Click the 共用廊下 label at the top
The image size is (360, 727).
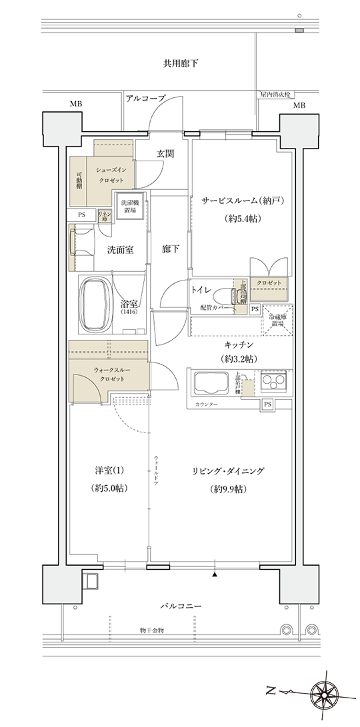pyautogui.click(x=180, y=64)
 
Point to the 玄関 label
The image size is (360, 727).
pyautogui.click(x=165, y=153)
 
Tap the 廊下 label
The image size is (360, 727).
pyautogui.click(x=171, y=249)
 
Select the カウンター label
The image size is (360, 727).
pyautogui.click(x=207, y=405)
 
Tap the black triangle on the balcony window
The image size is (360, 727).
pyautogui.click(x=215, y=574)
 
